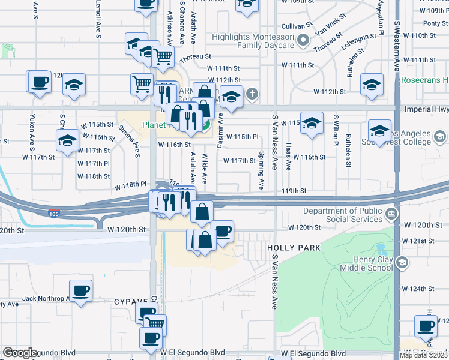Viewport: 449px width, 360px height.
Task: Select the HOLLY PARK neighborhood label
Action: (x=294, y=247)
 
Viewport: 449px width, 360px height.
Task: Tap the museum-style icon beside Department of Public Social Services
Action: (x=391, y=214)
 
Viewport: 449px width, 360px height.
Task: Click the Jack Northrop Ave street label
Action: (x=46, y=298)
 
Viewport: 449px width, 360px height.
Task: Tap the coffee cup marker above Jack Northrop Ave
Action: (x=80, y=291)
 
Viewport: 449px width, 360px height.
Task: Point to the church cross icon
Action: (x=252, y=94)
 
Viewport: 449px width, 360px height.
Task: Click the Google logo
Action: (x=20, y=353)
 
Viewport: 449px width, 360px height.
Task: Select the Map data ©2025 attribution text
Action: (x=423, y=355)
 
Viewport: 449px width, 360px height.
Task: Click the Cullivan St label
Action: (x=296, y=26)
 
